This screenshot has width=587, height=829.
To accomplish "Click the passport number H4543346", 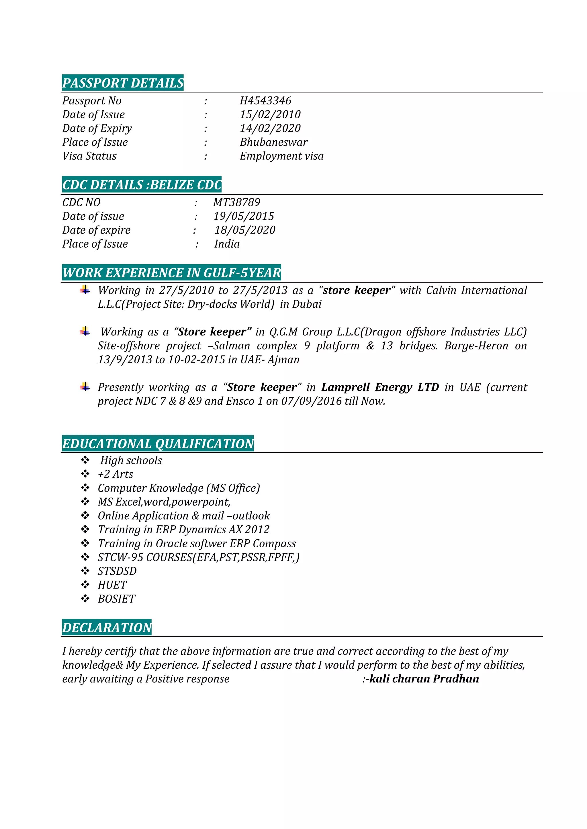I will click(x=265, y=101).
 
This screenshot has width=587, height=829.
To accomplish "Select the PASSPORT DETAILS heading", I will click(x=123, y=83).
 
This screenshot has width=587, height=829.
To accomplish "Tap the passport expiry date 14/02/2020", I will click(x=270, y=128).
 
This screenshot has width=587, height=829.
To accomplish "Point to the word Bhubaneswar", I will click(x=274, y=142).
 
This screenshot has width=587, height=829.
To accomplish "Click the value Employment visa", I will click(x=281, y=156).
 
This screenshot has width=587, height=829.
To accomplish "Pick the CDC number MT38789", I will click(x=237, y=202).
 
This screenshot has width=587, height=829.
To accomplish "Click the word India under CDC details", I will click(x=227, y=244).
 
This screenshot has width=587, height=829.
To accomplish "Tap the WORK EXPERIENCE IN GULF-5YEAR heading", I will click(x=171, y=273).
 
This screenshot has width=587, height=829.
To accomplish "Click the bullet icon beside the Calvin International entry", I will click(x=85, y=290).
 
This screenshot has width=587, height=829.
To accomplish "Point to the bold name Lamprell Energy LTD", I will click(x=380, y=387).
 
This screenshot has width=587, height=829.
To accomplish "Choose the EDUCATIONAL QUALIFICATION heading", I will click(x=158, y=444).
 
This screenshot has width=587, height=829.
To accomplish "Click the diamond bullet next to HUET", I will click(x=85, y=585).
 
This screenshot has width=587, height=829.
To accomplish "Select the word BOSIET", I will click(x=116, y=599).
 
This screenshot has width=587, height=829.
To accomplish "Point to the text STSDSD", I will click(x=117, y=571).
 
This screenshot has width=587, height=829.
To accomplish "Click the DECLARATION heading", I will click(x=107, y=627).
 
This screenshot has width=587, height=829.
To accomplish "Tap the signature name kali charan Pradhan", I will click(x=424, y=679).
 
